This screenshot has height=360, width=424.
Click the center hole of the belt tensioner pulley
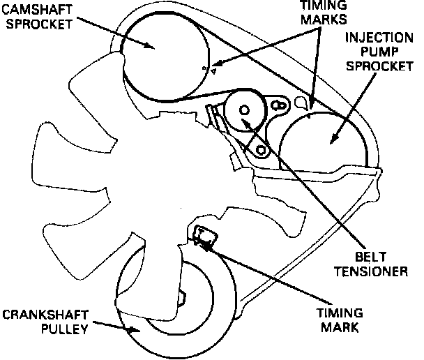[x=243, y=110]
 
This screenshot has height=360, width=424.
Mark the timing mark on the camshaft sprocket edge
[x=205, y=68]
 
